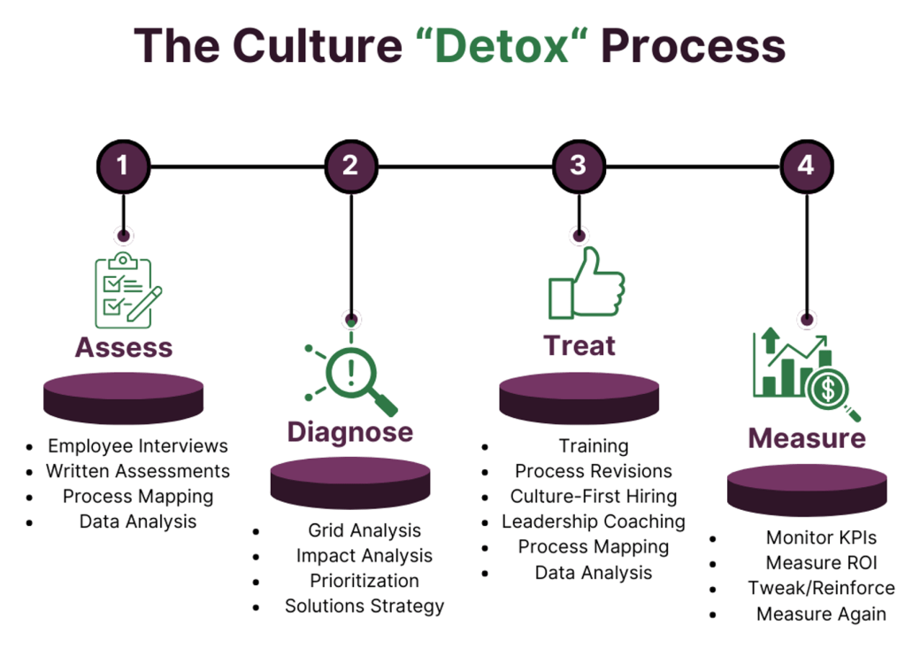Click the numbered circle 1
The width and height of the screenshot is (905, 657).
point(123,165)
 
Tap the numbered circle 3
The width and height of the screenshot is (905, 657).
point(579,165)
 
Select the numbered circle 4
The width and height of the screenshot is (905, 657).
point(806,165)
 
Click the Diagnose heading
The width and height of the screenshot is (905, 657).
point(349,431)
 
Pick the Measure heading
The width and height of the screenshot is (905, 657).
point(807,437)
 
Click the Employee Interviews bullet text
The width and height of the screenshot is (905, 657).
point(138,445)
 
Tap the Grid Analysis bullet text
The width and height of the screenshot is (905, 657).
point(364,530)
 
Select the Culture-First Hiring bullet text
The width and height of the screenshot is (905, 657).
point(594,496)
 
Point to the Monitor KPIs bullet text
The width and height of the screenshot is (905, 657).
point(821,537)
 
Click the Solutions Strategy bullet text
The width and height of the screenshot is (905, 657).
point(364,607)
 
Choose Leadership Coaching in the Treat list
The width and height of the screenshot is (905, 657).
point(594,522)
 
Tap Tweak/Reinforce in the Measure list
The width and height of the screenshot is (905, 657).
point(821,588)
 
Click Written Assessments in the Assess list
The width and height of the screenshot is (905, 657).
point(138,471)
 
